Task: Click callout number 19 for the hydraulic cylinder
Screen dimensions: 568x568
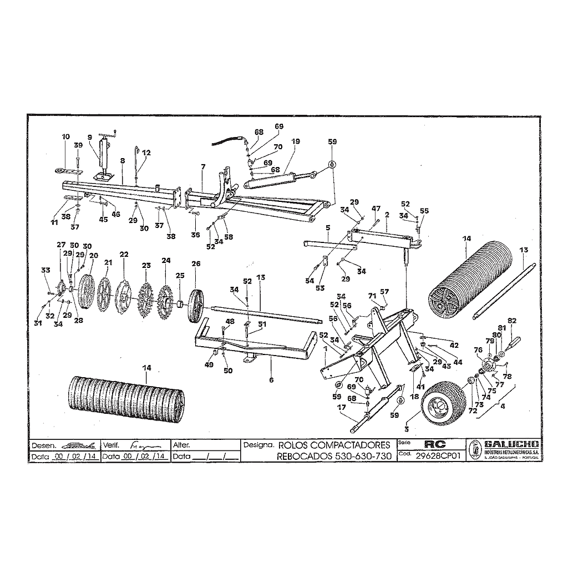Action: pyautogui.click(x=296, y=141)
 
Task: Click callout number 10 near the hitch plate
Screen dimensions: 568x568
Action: pyautogui.click(x=66, y=136)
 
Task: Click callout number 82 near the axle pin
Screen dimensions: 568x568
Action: pyautogui.click(x=512, y=321)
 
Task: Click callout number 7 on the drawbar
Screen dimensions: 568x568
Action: pyautogui.click(x=203, y=167)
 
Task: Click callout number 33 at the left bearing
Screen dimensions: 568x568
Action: pyautogui.click(x=45, y=270)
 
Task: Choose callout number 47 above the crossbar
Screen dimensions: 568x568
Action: pyautogui.click(x=376, y=208)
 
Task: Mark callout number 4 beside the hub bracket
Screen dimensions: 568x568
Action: pyautogui.click(x=503, y=406)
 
